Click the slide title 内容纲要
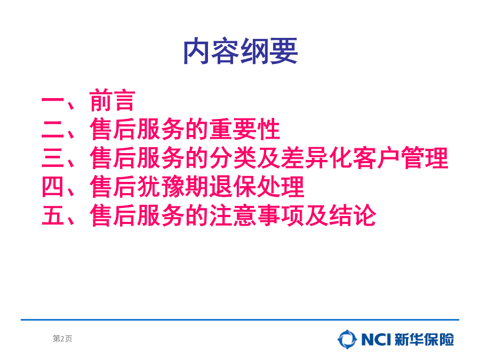(241, 51)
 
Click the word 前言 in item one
(113, 100)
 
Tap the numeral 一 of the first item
(53, 100)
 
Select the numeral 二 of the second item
(53, 129)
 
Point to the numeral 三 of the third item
(53, 158)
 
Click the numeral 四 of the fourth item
(53, 187)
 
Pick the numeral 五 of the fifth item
(53, 215)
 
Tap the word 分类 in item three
(233, 158)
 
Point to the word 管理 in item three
(425, 158)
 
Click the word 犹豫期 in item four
(173, 187)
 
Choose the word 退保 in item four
(233, 187)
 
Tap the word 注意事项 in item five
(257, 215)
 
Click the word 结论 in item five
(353, 215)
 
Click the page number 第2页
(62, 339)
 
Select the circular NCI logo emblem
(347, 340)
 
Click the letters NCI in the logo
(376, 340)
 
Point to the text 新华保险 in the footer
(425, 340)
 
